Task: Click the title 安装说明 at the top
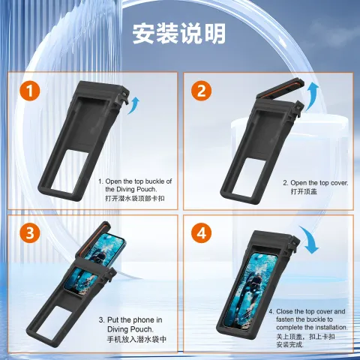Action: [179, 34]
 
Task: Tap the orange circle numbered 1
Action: [30, 91]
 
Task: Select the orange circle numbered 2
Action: [202, 91]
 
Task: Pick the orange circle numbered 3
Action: [30, 233]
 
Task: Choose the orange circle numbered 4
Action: [202, 233]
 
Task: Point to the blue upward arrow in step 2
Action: [312, 96]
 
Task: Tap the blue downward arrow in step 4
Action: [310, 239]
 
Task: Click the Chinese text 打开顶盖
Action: [304, 191]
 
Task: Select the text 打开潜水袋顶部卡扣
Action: [135, 198]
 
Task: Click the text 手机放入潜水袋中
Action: [136, 339]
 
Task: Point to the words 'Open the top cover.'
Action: [319, 183]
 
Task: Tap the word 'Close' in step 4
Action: [286, 311]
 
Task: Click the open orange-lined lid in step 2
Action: [280, 88]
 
